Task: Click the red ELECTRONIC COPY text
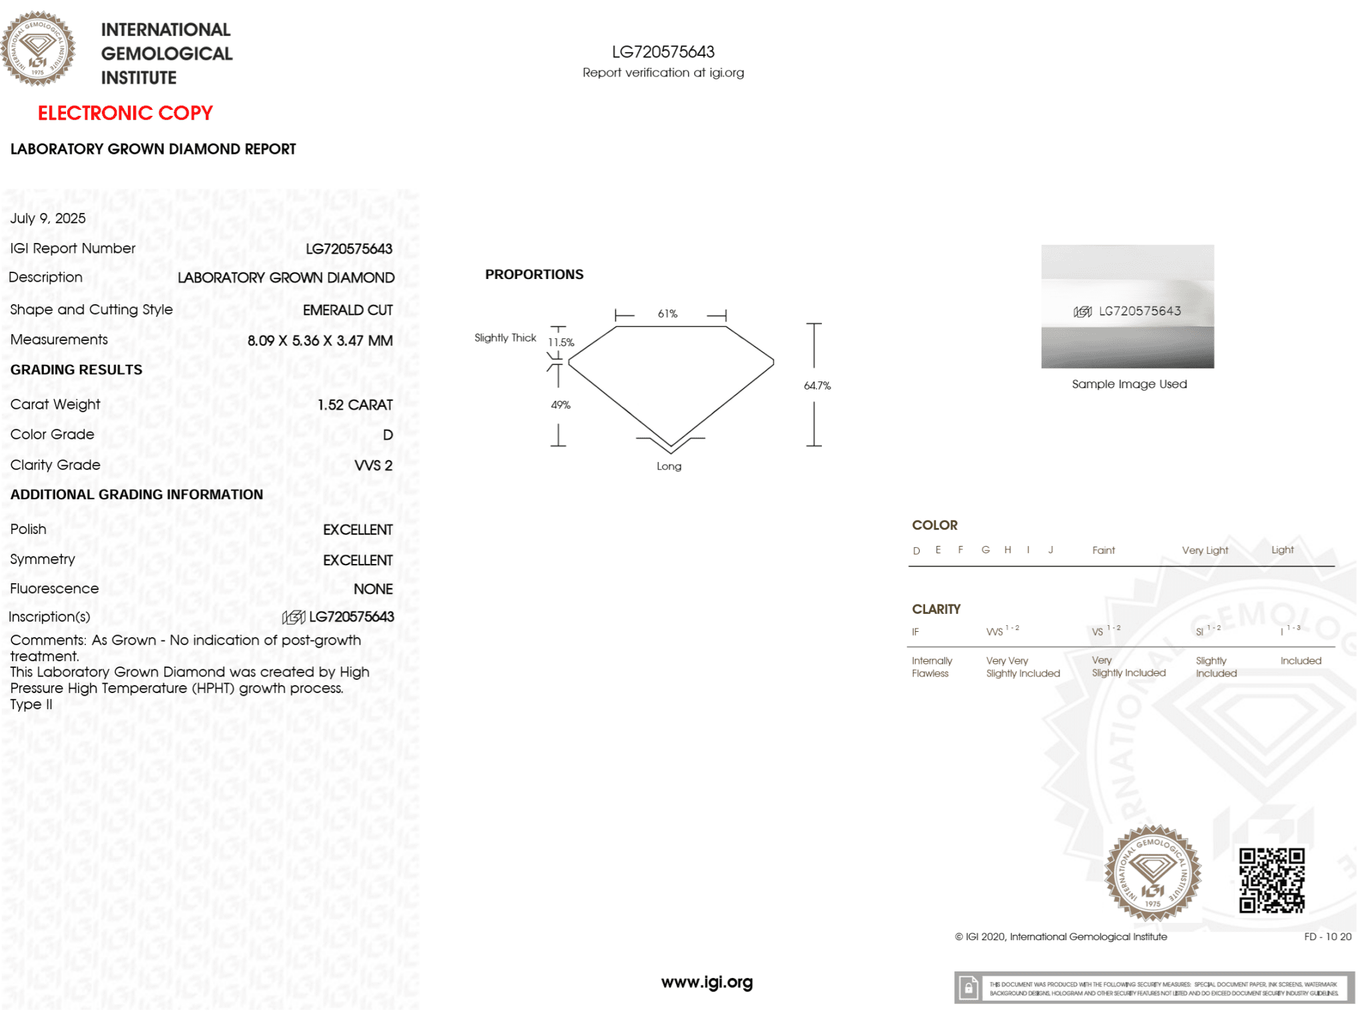coord(125,113)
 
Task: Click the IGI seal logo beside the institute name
coord(38,49)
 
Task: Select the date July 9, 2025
coord(48,218)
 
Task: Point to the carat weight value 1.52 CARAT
coord(355,405)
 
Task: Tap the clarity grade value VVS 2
coord(373,465)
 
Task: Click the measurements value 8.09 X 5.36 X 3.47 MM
coord(320,340)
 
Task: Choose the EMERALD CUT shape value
coord(348,310)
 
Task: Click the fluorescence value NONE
coord(373,589)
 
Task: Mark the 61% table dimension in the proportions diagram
coord(667,314)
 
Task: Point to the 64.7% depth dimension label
coord(817,385)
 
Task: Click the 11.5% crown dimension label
coord(561,342)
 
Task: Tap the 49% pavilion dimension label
coord(561,405)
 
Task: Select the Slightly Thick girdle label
coord(505,338)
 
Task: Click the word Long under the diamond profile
coord(669,466)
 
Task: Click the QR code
coord(1271,880)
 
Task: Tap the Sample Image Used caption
coord(1129,384)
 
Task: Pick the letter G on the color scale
coord(986,550)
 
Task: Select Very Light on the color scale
coord(1205,551)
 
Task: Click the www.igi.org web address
coord(707,982)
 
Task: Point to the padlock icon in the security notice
coord(969,988)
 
